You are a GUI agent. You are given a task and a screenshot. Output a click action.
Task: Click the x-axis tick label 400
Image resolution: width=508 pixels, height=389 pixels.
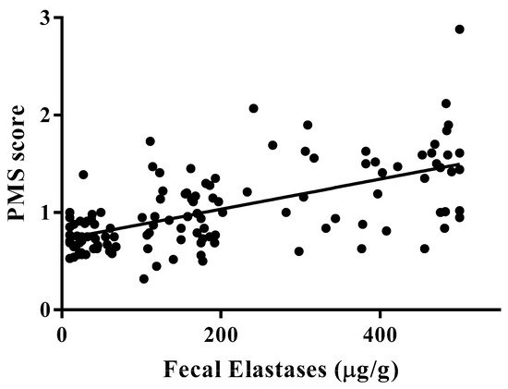click(380, 330)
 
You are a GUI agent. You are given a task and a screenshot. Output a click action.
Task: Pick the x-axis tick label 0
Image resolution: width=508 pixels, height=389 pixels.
click(61, 330)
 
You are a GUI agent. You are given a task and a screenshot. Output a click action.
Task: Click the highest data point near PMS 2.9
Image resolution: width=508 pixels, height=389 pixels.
click(460, 30)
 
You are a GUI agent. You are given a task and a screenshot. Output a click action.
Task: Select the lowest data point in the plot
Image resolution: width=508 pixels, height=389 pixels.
click(144, 278)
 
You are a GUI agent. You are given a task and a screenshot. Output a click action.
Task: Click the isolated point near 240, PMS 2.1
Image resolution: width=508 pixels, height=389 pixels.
click(253, 108)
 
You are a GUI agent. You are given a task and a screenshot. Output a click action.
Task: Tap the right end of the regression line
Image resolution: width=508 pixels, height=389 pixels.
click(460, 164)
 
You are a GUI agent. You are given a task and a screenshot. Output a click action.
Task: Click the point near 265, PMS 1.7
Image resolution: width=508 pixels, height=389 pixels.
click(272, 145)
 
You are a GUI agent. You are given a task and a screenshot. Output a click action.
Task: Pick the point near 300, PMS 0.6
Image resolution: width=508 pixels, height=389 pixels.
click(298, 251)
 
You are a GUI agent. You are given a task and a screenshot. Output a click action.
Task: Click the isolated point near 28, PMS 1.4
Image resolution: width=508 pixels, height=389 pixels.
click(83, 174)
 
